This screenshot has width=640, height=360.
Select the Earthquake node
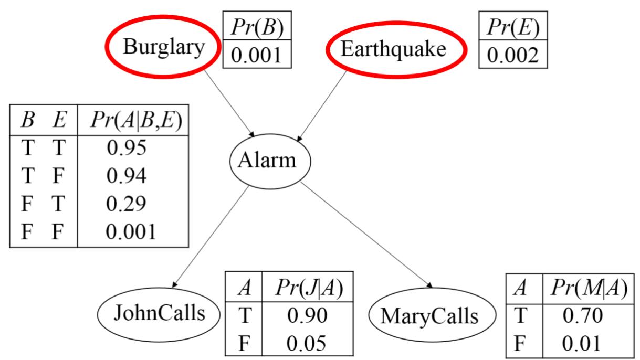pyautogui.click(x=393, y=49)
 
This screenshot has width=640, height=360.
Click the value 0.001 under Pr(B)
pyautogui.click(x=257, y=55)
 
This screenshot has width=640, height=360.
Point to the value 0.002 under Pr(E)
pyautogui.click(x=512, y=55)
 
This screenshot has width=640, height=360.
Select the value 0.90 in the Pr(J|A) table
pyautogui.click(x=307, y=314)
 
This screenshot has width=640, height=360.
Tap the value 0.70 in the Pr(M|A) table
pyautogui.click(x=582, y=315)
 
